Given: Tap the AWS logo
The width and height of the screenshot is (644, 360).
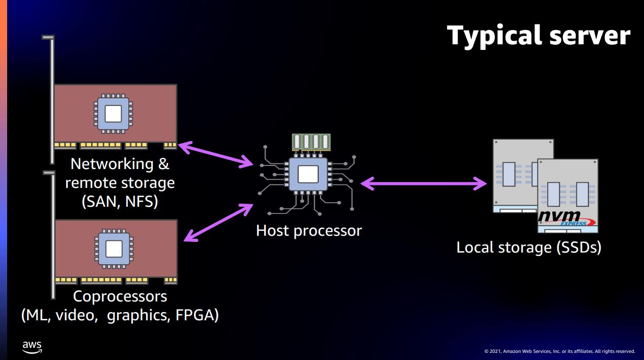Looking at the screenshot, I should [x=32, y=347].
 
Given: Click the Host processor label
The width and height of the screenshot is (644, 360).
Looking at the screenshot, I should [x=309, y=231].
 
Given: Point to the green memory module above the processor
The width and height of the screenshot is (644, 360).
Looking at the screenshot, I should [x=311, y=142].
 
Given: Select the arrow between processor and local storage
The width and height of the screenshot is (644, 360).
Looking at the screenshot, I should [x=424, y=183].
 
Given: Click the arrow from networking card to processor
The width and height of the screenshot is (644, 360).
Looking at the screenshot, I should [x=216, y=154].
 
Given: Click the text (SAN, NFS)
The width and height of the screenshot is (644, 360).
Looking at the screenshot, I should [x=120, y=202].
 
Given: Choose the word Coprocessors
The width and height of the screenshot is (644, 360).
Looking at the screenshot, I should [x=120, y=296].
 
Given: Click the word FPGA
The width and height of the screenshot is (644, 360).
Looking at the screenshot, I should [x=197, y=316].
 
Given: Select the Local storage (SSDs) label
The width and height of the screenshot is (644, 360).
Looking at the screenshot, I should [x=529, y=247].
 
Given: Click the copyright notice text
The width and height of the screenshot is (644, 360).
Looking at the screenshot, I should [x=559, y=351].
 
